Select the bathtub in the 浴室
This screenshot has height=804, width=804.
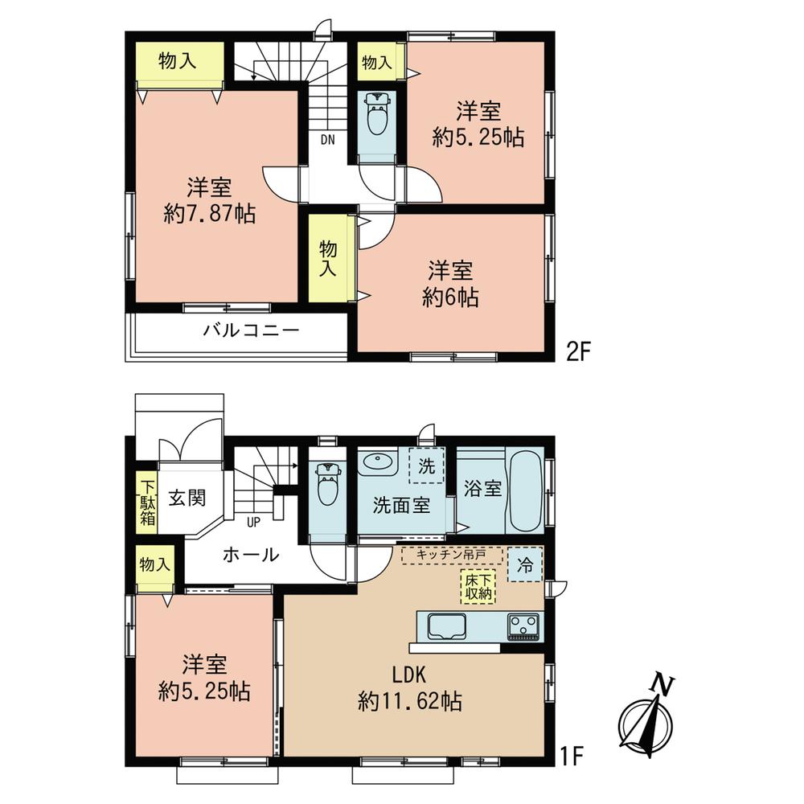[524, 492]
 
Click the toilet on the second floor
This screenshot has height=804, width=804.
[376, 116]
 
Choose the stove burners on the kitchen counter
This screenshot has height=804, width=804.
[524, 626]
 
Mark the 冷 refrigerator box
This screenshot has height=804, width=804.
[524, 565]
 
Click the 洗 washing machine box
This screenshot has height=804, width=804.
[426, 465]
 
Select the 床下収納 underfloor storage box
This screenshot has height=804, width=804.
[478, 586]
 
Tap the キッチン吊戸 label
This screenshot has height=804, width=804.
[452, 554]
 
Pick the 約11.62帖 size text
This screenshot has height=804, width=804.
[409, 702]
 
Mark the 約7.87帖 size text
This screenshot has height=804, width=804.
[210, 214]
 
